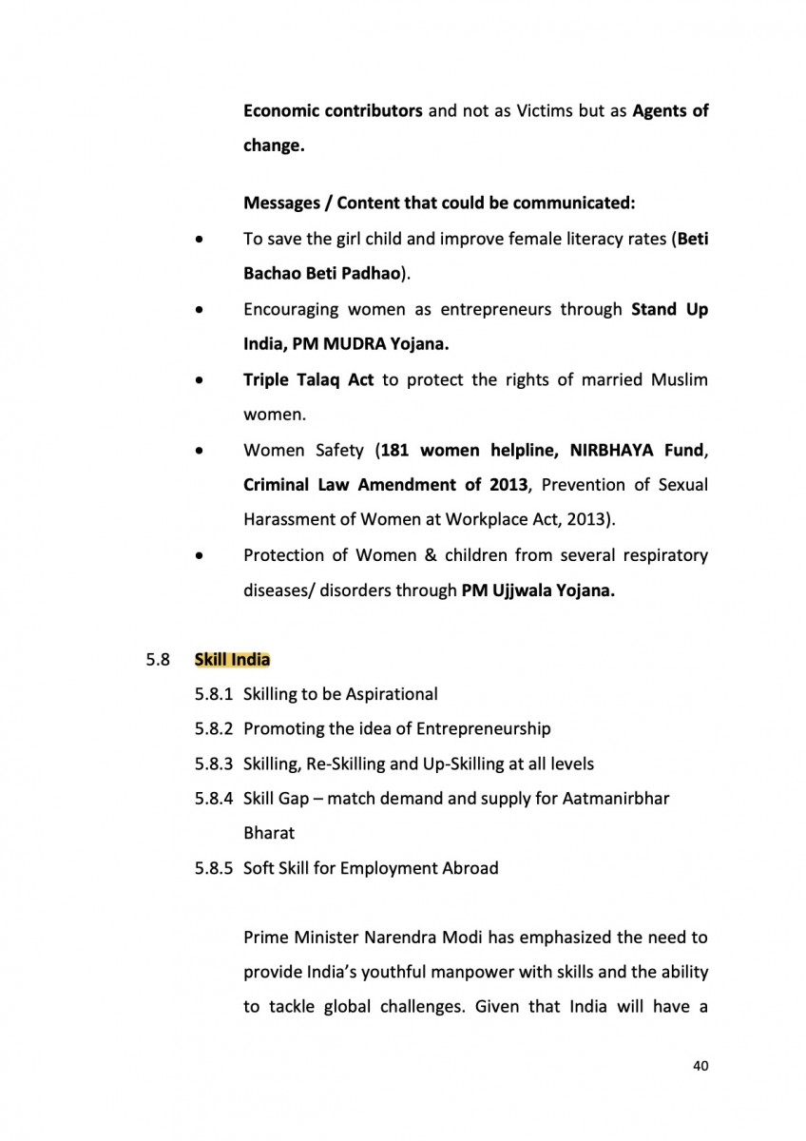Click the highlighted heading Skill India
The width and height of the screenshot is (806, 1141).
click(232, 659)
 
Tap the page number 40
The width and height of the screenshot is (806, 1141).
click(700, 1065)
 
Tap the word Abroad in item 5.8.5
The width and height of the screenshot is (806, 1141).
click(470, 867)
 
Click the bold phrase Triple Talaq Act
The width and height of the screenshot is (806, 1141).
click(308, 380)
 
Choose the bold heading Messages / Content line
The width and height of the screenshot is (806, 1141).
click(439, 203)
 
